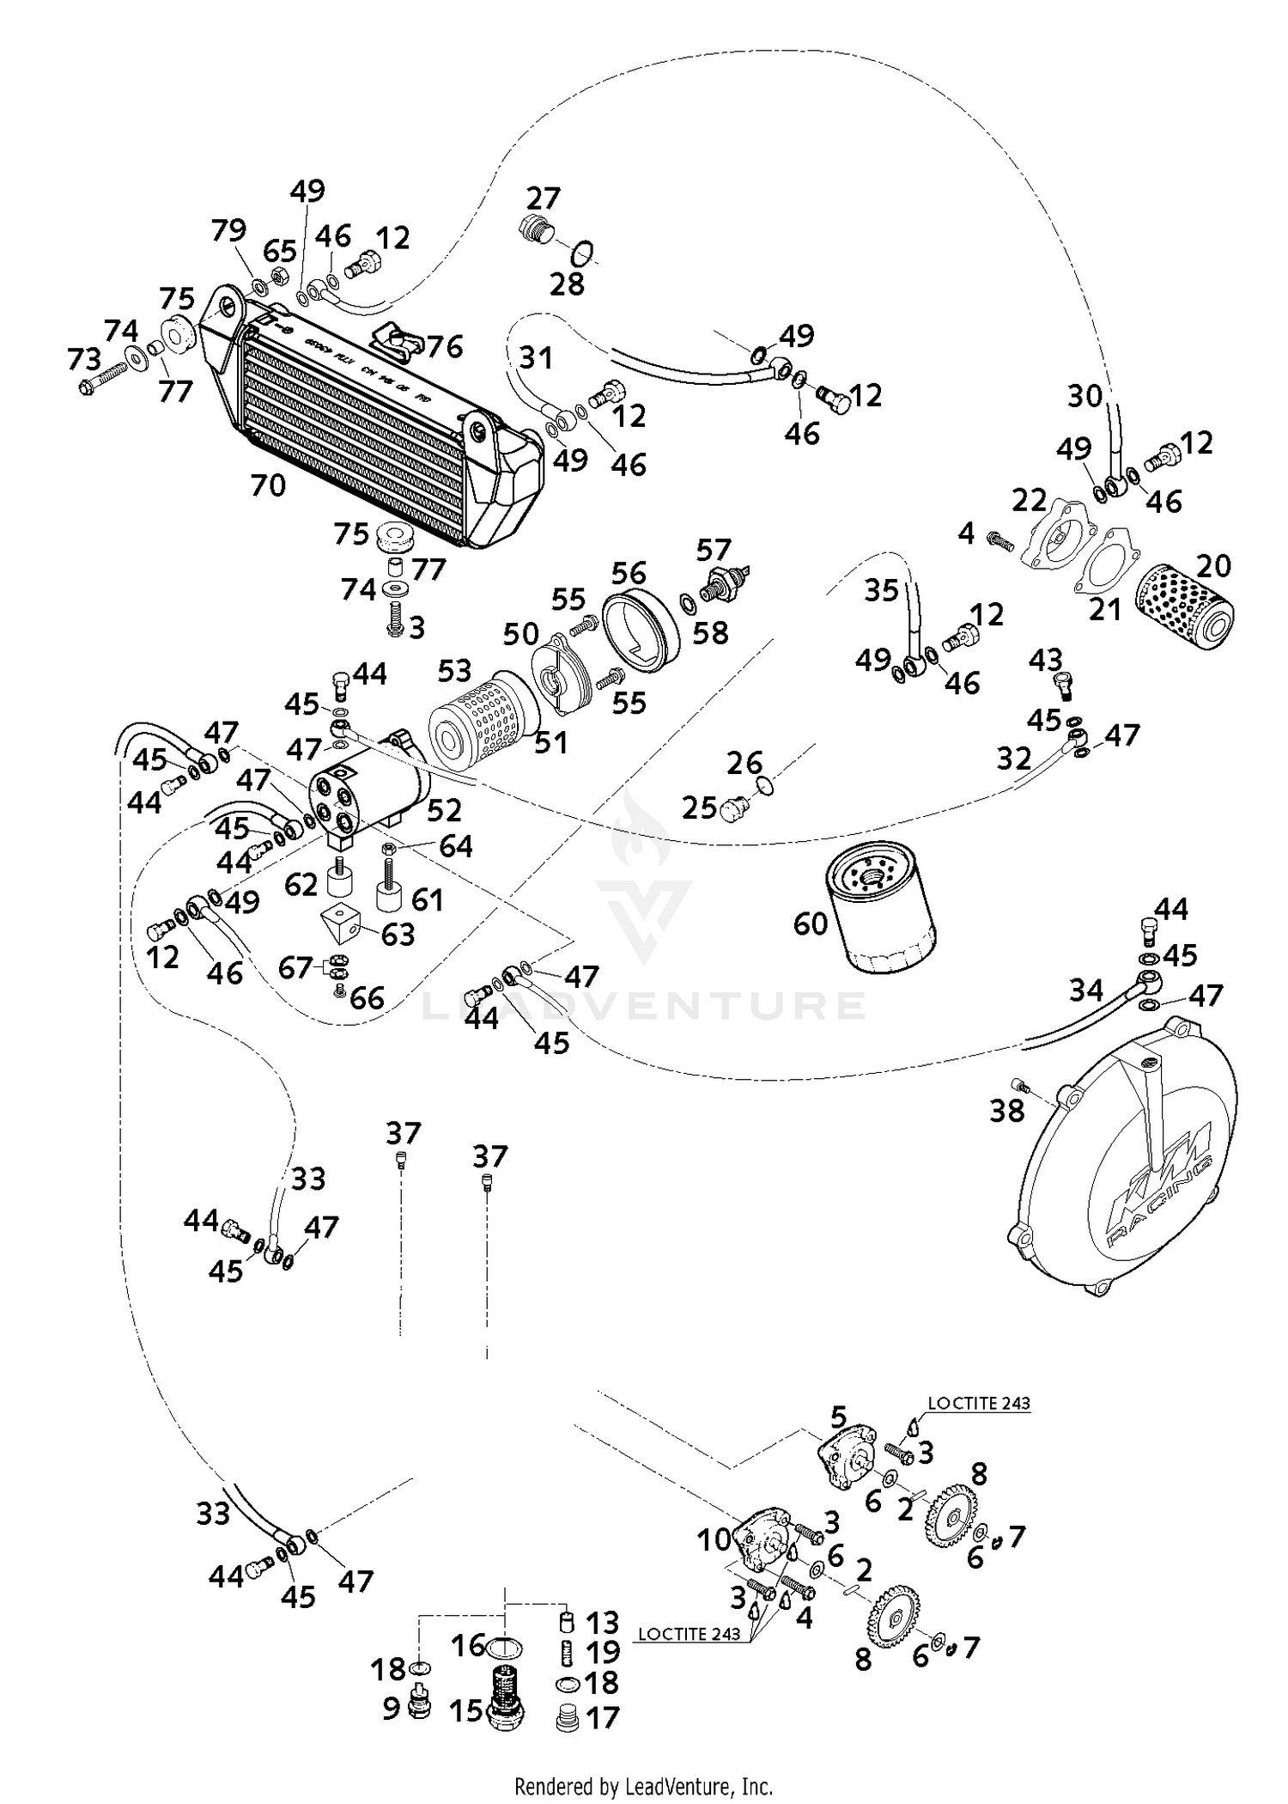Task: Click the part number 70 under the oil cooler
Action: click(268, 486)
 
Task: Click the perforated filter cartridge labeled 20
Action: click(1186, 603)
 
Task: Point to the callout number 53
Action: click(455, 670)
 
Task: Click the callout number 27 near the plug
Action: click(543, 198)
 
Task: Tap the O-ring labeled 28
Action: click(582, 253)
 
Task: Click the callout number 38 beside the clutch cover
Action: click(1007, 1111)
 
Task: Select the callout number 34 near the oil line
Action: click(1085, 990)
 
